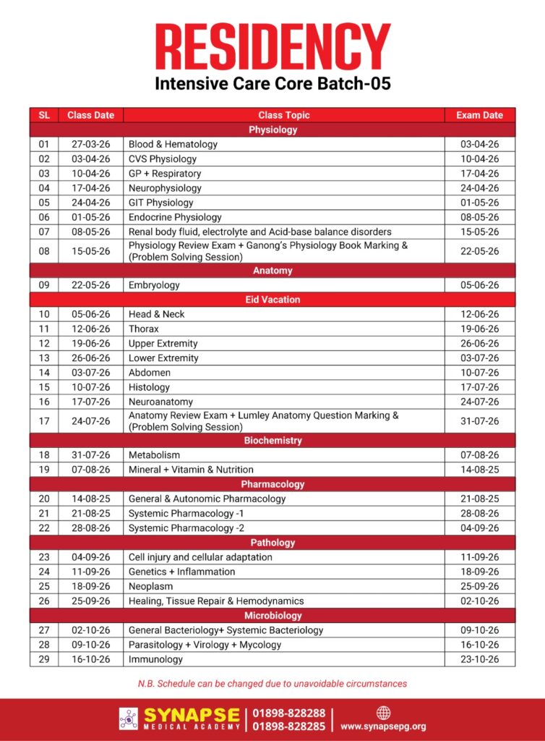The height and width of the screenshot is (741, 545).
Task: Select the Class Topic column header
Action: [x=283, y=115]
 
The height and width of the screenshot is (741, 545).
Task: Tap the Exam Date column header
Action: [x=479, y=115]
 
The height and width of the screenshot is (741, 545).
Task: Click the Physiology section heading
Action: [x=272, y=130]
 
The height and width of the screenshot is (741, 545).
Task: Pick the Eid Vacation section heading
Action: [x=272, y=300]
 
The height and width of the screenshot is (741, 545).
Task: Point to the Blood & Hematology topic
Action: [x=173, y=144]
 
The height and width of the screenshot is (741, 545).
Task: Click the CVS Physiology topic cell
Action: [x=163, y=158]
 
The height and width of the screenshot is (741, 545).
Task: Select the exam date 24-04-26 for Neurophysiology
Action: [x=479, y=188]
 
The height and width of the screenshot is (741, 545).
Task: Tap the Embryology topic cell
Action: [x=154, y=285]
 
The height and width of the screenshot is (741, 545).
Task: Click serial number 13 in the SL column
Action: [x=44, y=358]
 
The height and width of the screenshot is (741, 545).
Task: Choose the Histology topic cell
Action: [x=150, y=387]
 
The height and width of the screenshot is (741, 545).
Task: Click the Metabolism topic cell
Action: [x=154, y=455]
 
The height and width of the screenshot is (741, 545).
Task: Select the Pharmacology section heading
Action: [x=272, y=484]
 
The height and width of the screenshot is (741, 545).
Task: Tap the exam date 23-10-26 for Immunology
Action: [x=479, y=659]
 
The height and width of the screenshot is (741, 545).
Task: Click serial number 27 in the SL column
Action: [x=44, y=630]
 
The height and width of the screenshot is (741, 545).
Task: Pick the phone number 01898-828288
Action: [x=289, y=713]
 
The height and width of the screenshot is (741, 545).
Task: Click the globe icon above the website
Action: [x=383, y=712]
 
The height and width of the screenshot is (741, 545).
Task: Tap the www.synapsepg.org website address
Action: [x=383, y=726]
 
